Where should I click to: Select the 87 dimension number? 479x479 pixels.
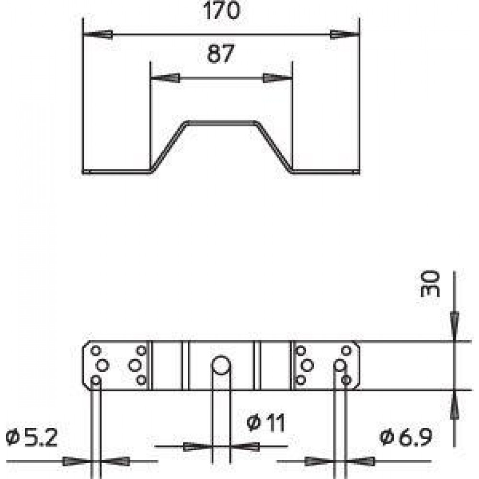(x=220, y=54)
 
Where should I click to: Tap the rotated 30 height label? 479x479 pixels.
(x=430, y=284)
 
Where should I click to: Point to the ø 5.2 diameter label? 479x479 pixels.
(x=32, y=437)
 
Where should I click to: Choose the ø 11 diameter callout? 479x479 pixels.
(x=266, y=422)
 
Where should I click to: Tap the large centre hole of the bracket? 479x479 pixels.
(x=221, y=365)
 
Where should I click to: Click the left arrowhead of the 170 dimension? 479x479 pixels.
(x=98, y=34)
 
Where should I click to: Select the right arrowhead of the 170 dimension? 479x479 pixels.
(x=344, y=34)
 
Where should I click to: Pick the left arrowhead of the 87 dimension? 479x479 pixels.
(x=165, y=78)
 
